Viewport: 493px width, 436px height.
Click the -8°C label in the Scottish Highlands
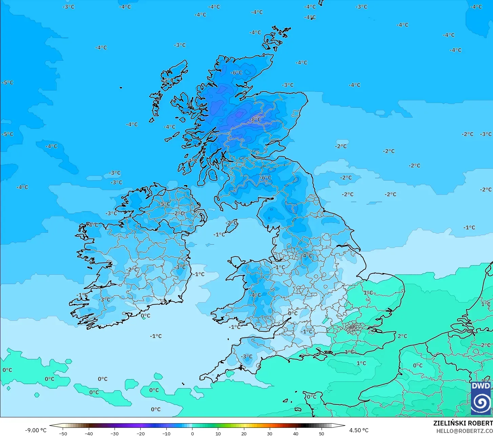(256, 120)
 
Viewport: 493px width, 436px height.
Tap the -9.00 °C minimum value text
(36, 430)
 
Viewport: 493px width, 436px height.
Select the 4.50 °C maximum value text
(359, 430)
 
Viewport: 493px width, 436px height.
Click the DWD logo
(481, 398)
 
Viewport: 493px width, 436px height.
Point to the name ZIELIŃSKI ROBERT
(463, 423)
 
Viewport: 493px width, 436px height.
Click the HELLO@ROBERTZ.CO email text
(464, 431)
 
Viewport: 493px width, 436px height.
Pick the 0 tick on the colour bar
(192, 433)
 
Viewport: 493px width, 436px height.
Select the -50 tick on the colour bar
(63, 433)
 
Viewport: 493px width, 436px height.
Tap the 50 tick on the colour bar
(321, 433)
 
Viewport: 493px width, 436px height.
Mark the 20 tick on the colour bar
(244, 433)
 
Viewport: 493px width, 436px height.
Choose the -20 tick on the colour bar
(140, 433)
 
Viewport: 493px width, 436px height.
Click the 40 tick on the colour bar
(295, 433)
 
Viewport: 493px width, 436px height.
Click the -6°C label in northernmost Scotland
(237, 73)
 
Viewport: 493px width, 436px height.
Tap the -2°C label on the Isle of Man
(231, 223)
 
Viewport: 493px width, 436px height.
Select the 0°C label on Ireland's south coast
(146, 316)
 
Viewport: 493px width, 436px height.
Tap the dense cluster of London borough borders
(353, 328)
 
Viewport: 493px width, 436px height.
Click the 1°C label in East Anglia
(368, 293)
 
